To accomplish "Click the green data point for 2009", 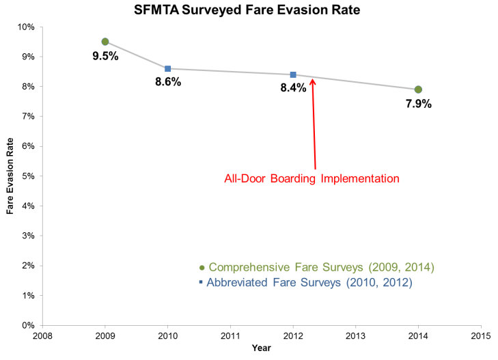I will pyautogui.click(x=105, y=42).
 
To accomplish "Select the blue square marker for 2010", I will pyautogui.click(x=167, y=68).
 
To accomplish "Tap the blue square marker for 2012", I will pyautogui.click(x=293, y=74).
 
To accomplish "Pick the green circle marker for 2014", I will pyautogui.click(x=418, y=89).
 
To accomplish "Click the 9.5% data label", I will pyautogui.click(x=105, y=57).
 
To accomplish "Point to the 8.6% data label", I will pyautogui.click(x=168, y=83).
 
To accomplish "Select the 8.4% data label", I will pyautogui.click(x=293, y=89).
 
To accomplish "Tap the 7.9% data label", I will pyautogui.click(x=418, y=105).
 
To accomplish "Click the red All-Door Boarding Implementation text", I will pyautogui.click(x=312, y=180).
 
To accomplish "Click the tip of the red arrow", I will pyautogui.click(x=312, y=79).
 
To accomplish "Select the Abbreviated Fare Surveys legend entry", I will pyautogui.click(x=305, y=282).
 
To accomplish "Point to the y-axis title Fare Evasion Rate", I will pyautogui.click(x=11, y=177).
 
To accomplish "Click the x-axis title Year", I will pyautogui.click(x=261, y=348).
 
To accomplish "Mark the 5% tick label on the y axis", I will pyautogui.click(x=29, y=176).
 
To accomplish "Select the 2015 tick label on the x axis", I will pyautogui.click(x=481, y=336).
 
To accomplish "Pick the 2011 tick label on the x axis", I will pyautogui.click(x=230, y=336).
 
